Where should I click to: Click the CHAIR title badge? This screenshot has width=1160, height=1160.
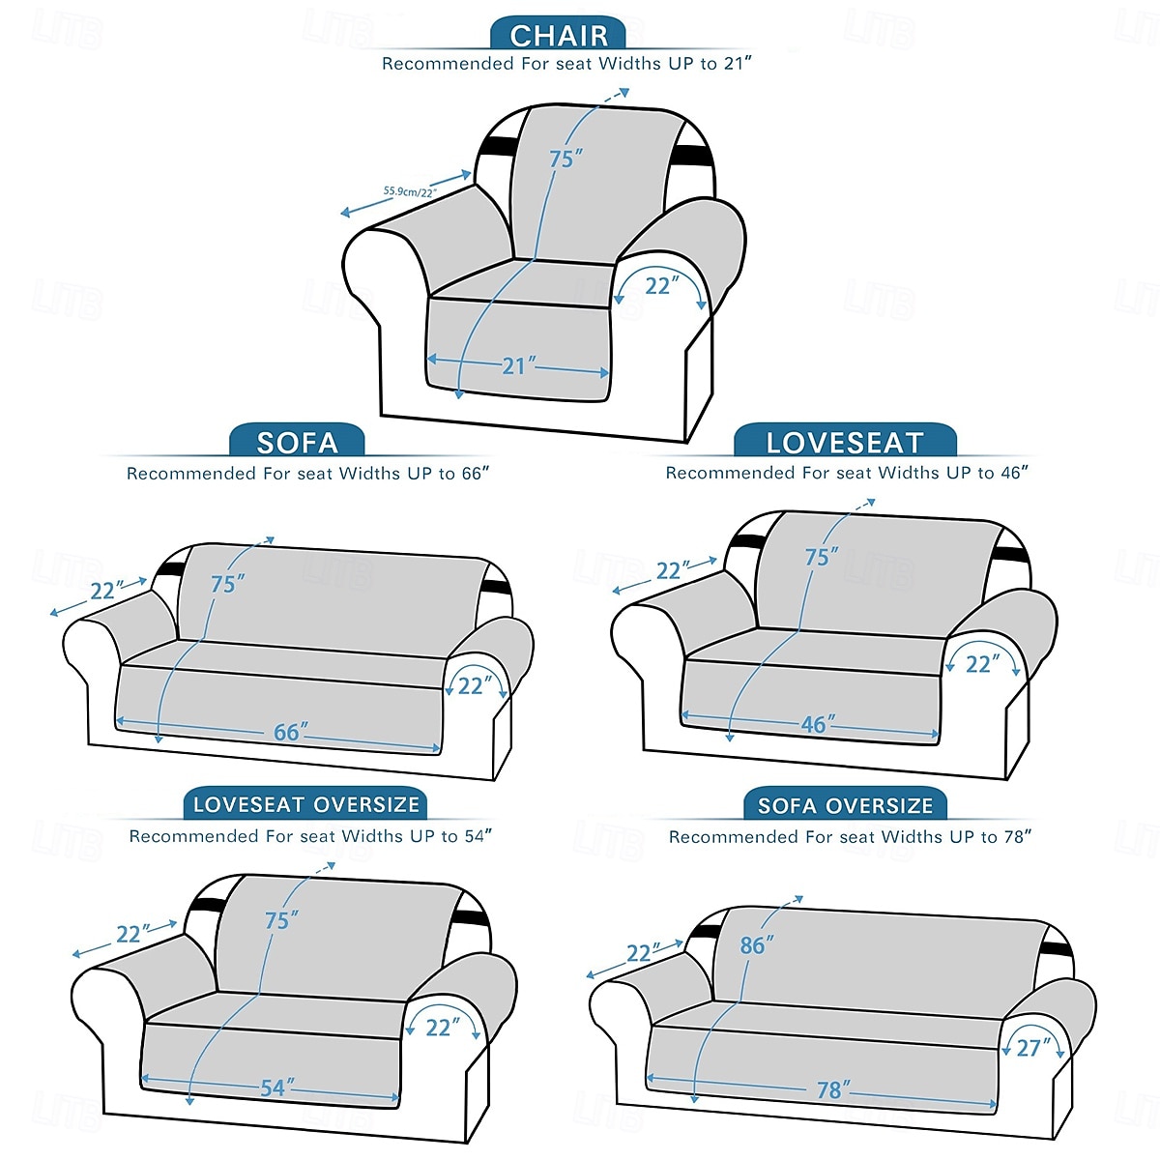click(x=558, y=34)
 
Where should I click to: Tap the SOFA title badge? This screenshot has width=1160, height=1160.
click(x=297, y=441)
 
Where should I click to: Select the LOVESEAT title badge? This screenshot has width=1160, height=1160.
click(x=845, y=441)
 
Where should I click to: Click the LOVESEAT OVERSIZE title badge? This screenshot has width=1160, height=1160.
click(x=305, y=804)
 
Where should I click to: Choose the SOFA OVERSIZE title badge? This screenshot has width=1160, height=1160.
click(x=845, y=805)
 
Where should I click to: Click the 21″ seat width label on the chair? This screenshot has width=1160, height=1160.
click(x=518, y=365)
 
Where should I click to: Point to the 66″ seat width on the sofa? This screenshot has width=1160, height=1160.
click(x=291, y=732)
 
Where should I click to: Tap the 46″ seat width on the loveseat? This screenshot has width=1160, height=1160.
click(x=818, y=724)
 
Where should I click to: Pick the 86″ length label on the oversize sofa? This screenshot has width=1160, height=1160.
click(x=757, y=945)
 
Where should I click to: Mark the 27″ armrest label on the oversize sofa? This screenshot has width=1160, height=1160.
click(x=1033, y=1048)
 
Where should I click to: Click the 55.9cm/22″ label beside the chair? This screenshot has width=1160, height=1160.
click(x=410, y=192)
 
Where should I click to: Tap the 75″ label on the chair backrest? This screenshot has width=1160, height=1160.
click(x=565, y=159)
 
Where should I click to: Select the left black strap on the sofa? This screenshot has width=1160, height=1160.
click(x=169, y=568)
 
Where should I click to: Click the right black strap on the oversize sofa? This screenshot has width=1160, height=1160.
click(x=1058, y=949)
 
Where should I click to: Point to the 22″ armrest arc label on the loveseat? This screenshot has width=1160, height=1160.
click(x=982, y=664)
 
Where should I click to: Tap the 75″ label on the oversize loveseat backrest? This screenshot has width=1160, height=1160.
click(x=281, y=920)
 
